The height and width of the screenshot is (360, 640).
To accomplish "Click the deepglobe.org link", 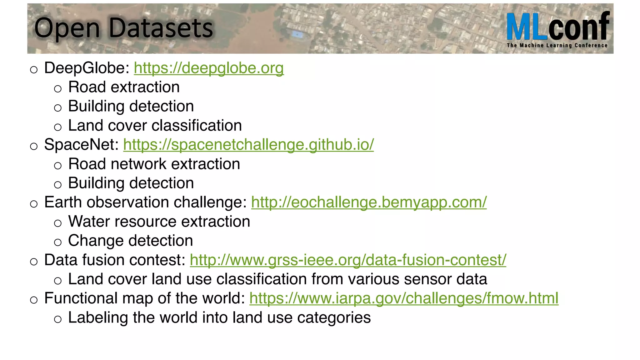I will (209, 68).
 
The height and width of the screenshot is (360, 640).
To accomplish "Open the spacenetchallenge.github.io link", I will (248, 145).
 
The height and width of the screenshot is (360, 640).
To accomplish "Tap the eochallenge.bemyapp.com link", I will (369, 202).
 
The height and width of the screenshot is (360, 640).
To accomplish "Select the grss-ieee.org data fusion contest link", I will (348, 260).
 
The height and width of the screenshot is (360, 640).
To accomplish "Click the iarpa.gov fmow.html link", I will (404, 298).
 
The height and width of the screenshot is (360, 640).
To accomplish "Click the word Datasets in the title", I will (161, 28).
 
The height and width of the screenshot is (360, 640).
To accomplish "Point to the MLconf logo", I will (558, 27).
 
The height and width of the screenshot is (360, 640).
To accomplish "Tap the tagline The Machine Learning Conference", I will (557, 45).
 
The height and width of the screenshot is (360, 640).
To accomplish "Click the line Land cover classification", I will (155, 126).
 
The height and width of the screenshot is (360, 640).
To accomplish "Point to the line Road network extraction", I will (154, 164).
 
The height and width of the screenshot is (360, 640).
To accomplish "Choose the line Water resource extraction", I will (159, 222).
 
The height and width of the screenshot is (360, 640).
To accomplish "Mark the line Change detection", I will (131, 241).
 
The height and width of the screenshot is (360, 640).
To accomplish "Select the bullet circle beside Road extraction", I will (58, 89).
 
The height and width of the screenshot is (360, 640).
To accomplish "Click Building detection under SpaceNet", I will (131, 183).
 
